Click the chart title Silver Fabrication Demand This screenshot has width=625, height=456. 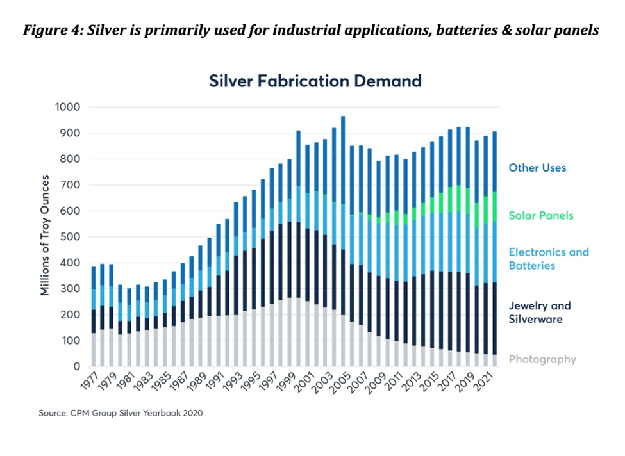pos(315,81)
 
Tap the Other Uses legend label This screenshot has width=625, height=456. pos(537,168)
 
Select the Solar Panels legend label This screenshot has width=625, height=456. pos(541,216)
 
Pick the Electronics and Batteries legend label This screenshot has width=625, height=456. pos(549,259)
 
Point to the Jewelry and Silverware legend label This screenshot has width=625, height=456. pos(540,312)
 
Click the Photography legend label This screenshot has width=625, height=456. pos(542,359)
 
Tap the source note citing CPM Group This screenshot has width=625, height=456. pos(121,413)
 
